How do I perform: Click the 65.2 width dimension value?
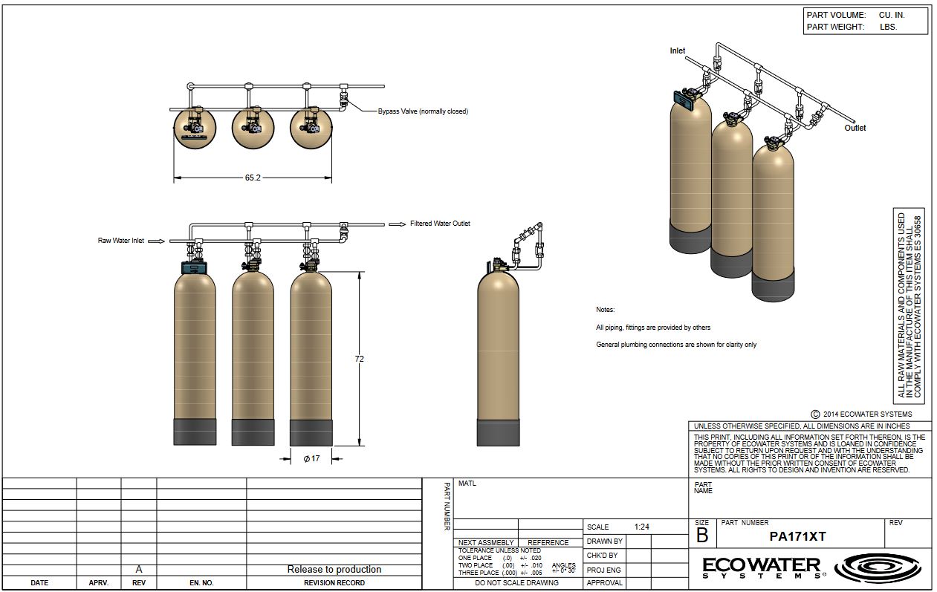(253, 178)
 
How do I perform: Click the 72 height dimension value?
(360, 359)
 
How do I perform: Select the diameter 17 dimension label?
(311, 458)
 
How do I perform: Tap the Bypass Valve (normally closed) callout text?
(423, 111)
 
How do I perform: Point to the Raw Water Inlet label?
(121, 241)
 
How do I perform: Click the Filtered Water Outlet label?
(440, 224)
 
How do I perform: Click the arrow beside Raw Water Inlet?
(157, 241)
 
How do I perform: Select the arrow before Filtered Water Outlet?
(398, 224)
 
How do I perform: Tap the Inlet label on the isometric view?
(677, 51)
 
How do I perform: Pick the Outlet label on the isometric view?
(855, 128)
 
